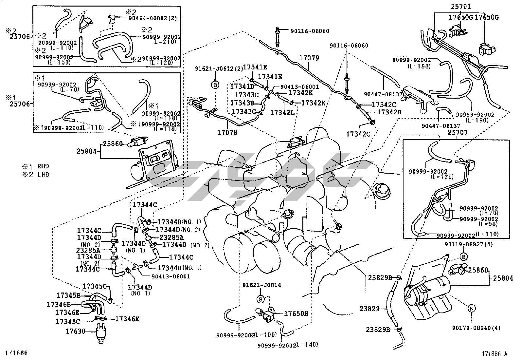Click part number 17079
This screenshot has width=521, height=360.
click(309, 58)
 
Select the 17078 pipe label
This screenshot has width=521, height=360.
click(227, 132)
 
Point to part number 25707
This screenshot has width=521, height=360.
click(458, 133)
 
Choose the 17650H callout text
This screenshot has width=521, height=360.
click(296, 313)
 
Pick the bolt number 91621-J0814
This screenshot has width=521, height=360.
click(261, 285)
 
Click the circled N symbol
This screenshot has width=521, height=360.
click(472, 308)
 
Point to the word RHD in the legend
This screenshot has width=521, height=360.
click(43, 166)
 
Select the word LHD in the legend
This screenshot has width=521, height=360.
click(43, 175)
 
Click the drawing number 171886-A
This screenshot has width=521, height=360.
click(494, 354)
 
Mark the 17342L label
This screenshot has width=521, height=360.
click(280, 113)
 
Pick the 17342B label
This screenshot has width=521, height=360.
click(389, 112)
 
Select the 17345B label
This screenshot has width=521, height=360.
click(68, 295)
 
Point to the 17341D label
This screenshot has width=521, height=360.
click(242, 86)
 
